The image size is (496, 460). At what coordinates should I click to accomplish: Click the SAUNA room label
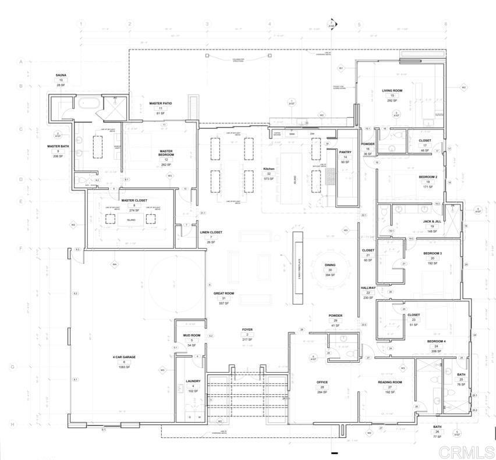(x=61, y=75)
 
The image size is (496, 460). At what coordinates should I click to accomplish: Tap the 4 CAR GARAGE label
(x=124, y=356)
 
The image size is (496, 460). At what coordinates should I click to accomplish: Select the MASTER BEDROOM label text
(x=166, y=153)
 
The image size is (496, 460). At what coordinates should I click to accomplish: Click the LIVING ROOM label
(x=392, y=90)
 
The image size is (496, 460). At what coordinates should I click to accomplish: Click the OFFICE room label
(x=322, y=383)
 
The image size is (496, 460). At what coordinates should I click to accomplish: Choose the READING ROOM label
(x=390, y=382)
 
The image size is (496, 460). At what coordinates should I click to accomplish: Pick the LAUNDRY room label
(x=193, y=381)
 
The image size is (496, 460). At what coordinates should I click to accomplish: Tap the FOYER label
(x=247, y=330)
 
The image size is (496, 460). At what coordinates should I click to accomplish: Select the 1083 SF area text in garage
(x=124, y=367)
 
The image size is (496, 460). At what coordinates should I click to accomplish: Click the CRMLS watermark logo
(x=466, y=451)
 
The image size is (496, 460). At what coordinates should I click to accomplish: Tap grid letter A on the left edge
(x=21, y=61)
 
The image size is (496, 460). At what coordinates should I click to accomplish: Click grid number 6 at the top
(x=445, y=24)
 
